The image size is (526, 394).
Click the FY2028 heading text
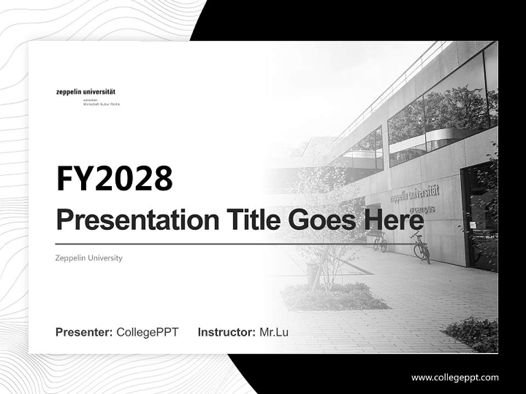click(115, 178)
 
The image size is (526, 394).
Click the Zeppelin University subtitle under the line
click(89, 258)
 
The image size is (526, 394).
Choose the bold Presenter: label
click(84, 332)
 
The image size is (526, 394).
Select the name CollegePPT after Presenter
click(147, 332)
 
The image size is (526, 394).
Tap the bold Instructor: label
click(226, 332)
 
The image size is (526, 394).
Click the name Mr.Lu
click(273, 332)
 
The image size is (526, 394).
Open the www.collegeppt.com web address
click(455, 378)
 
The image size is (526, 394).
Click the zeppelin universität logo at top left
click(85, 92)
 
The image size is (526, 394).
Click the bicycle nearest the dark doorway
click(420, 248)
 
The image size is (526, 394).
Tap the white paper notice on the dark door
click(473, 225)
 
